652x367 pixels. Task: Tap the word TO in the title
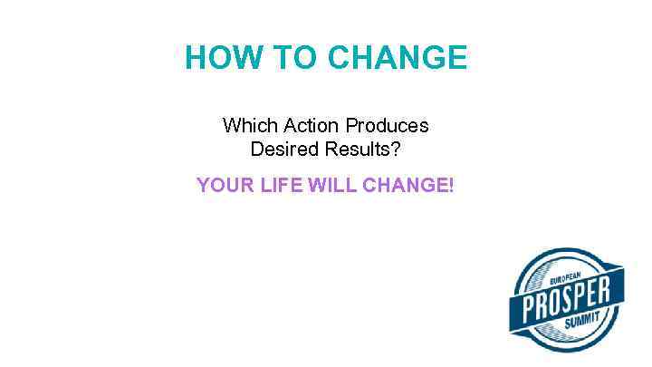(292, 59)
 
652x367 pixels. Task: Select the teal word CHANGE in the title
(397, 59)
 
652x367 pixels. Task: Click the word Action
(306, 125)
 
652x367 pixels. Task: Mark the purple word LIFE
(278, 186)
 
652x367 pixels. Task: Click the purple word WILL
(332, 186)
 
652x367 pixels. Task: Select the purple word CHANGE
(402, 186)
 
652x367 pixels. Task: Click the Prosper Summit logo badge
(567, 300)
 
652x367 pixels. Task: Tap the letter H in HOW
(196, 59)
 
